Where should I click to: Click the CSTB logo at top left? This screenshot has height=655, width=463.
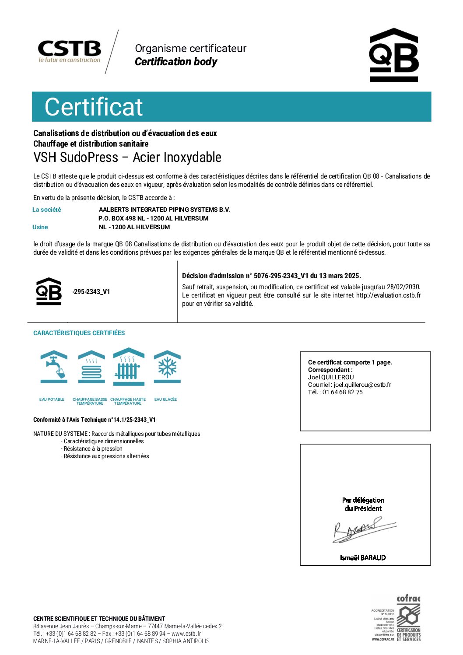70,51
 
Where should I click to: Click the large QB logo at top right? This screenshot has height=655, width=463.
394,55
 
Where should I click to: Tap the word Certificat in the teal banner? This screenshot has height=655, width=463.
94,107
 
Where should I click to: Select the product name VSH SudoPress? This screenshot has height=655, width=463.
76,158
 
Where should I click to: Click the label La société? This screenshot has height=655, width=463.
47,210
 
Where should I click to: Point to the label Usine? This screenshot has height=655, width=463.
40,227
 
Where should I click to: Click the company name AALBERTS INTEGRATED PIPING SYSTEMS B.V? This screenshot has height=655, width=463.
165,210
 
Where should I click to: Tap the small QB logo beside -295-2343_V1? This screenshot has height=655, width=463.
49,291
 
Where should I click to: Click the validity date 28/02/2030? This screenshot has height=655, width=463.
403,287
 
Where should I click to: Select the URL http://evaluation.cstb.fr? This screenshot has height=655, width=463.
388,295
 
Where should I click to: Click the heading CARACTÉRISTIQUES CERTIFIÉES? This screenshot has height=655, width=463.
79,333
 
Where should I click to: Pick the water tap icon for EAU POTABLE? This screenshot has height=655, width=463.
54,367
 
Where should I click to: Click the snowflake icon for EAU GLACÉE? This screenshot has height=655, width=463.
167,367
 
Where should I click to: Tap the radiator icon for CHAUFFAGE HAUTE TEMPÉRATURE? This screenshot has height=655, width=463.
128,367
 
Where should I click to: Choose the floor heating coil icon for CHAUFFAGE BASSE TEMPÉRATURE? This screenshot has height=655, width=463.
91,367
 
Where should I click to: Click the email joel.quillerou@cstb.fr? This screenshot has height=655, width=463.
362,385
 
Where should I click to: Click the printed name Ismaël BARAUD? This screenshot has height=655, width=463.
363,558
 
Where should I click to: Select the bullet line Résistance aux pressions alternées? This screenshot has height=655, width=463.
106,456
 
